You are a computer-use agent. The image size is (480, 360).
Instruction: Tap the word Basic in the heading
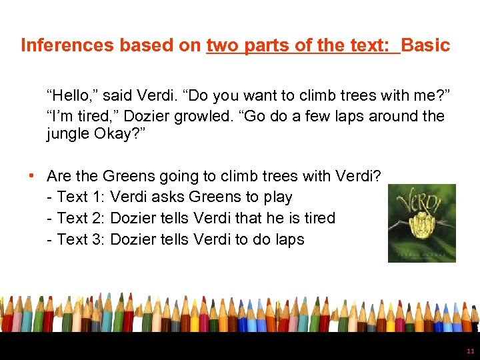pos(425,45)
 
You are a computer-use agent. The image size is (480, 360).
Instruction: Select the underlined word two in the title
pos(221,45)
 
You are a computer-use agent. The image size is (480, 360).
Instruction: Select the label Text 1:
pos(81,197)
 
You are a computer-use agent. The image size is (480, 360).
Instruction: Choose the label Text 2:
pos(81,218)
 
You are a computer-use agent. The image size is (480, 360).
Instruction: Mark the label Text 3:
pos(81,239)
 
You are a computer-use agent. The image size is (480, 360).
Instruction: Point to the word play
pos(277,197)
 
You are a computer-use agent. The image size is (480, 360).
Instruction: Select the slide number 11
pos(470,351)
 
